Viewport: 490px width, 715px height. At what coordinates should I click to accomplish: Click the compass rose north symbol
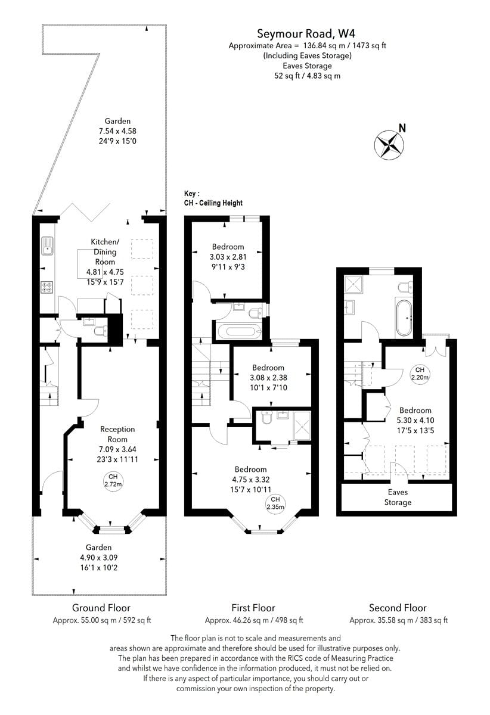tap(389, 143)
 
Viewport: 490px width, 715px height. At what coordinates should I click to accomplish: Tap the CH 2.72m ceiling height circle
tap(112, 480)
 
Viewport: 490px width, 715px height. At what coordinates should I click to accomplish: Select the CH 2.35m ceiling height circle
tap(275, 503)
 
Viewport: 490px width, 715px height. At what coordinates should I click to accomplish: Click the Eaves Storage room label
tap(398, 498)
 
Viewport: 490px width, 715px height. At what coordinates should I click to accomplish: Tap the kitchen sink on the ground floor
tap(47, 245)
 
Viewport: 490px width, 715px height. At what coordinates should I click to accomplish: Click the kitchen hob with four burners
tap(47, 287)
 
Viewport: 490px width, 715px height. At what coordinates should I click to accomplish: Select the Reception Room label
tap(117, 429)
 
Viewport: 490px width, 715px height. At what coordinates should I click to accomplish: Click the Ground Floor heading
tap(101, 608)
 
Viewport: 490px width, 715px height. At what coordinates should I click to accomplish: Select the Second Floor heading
tap(398, 608)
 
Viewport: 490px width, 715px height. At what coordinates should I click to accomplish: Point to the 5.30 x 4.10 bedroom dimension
tap(415, 420)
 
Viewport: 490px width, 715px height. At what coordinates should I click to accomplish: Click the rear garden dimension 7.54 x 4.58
tap(117, 131)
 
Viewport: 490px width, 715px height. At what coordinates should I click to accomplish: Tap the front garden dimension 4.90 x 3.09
tap(98, 558)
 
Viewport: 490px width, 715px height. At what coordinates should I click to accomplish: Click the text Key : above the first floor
tap(192, 194)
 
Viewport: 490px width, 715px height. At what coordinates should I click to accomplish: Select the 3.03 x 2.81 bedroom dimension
tap(228, 257)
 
